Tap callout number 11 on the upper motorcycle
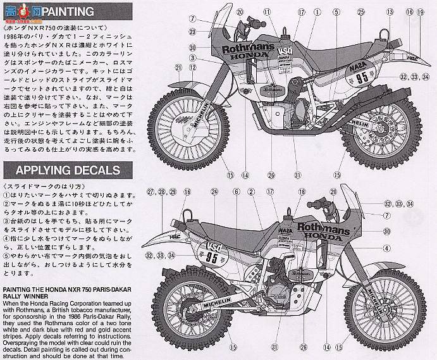click(267, 11)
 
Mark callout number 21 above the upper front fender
click(179, 68)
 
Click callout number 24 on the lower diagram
click(215, 191)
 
